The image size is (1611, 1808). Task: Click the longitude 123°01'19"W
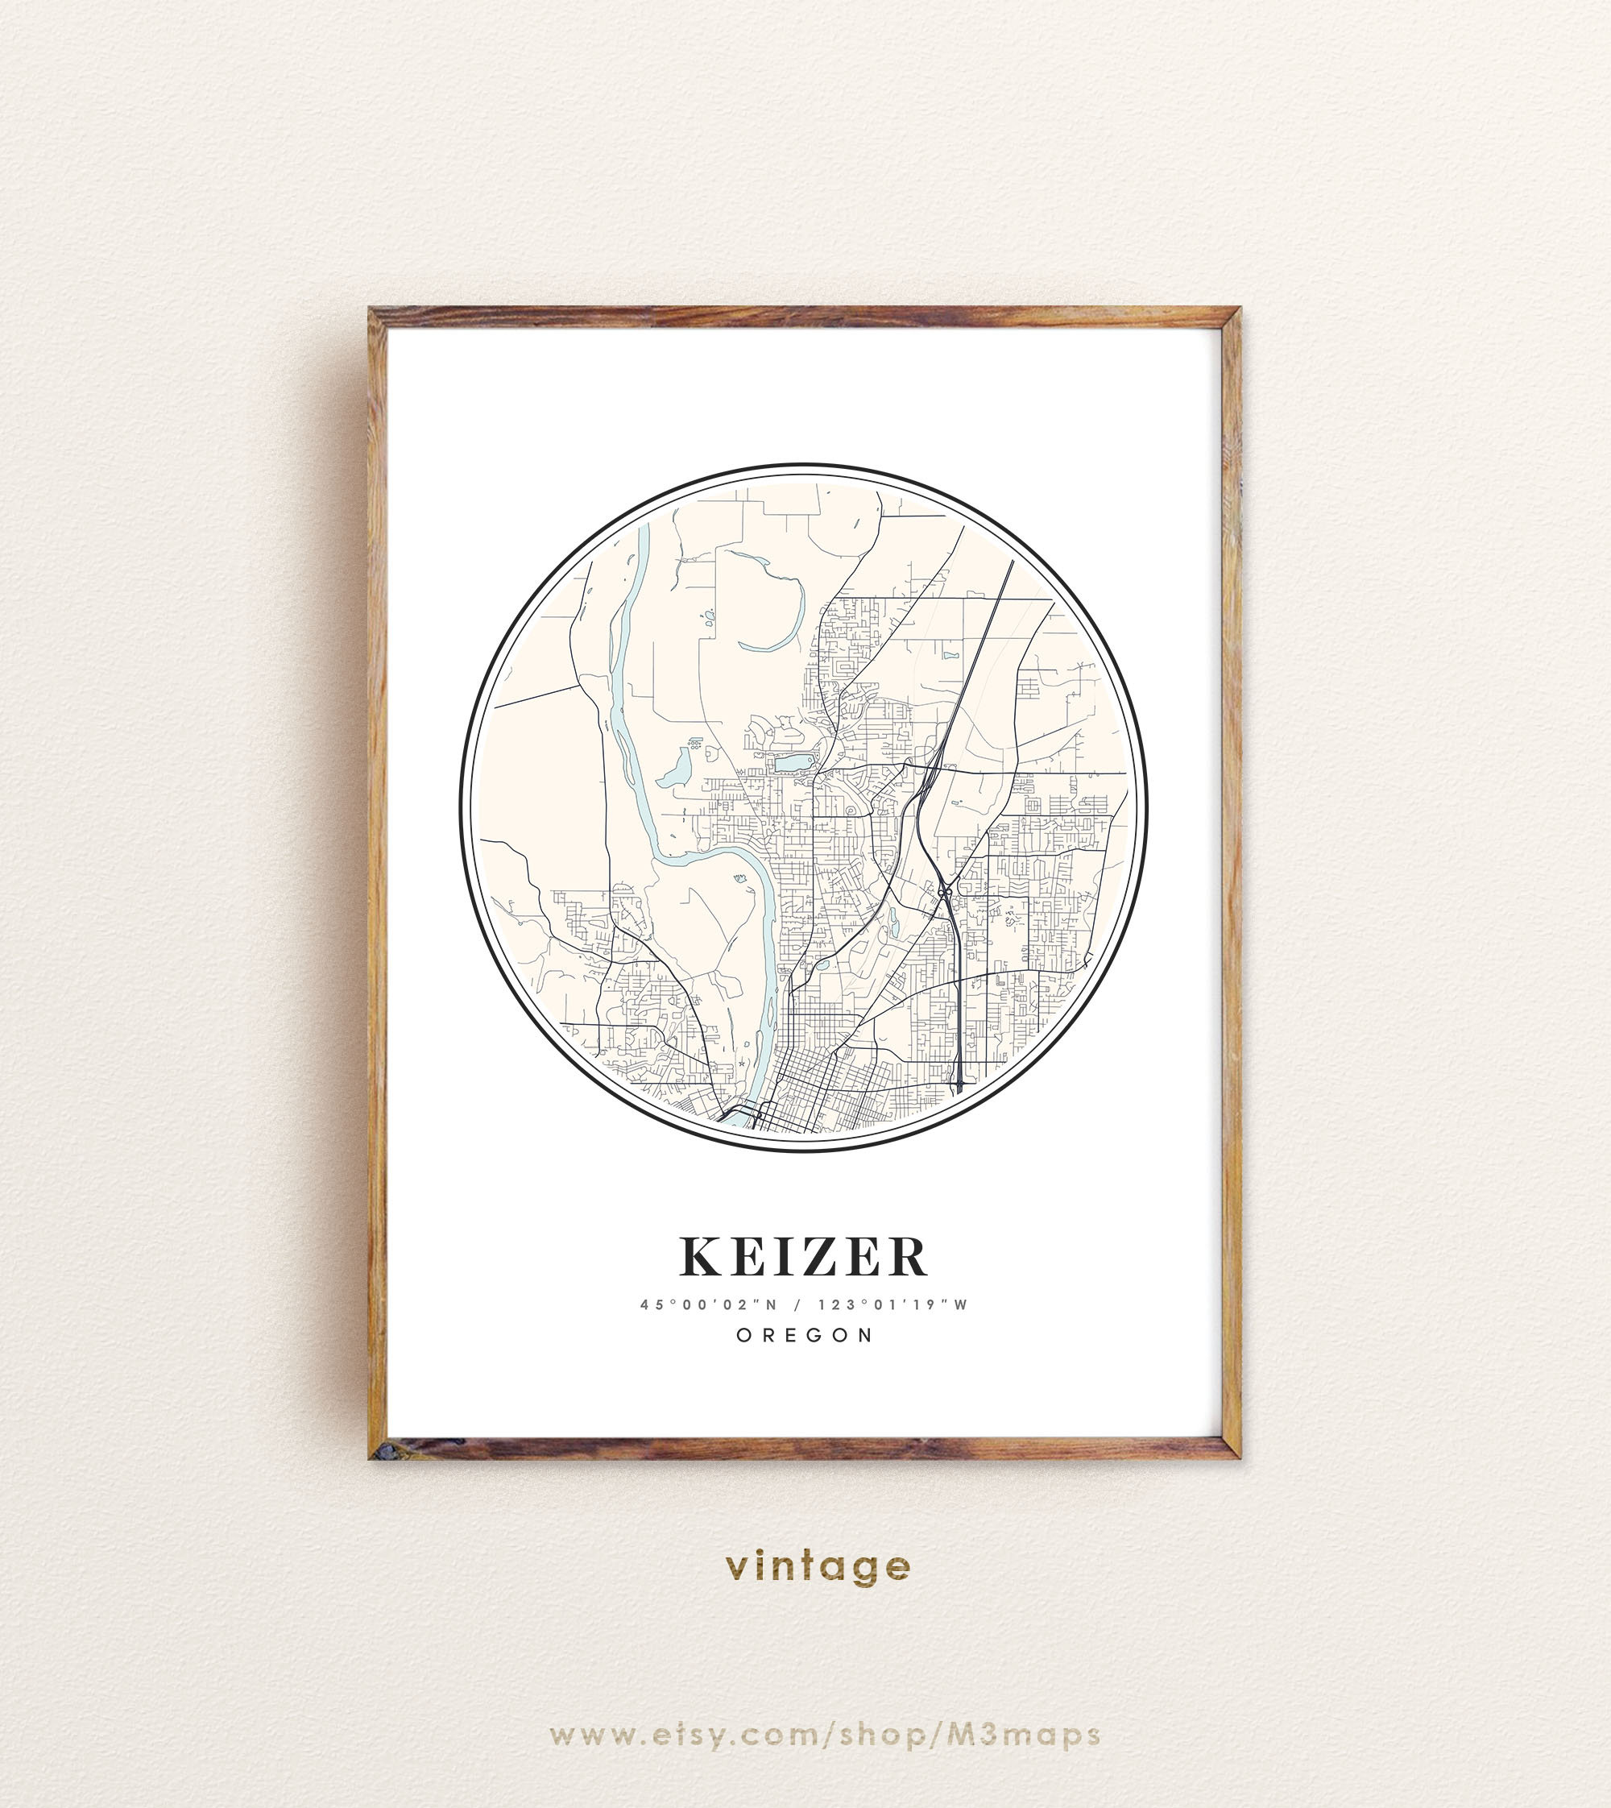893,1305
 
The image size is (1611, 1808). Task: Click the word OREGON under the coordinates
805,1335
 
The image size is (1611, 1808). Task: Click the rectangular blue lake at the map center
793,763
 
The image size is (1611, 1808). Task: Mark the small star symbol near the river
741,1064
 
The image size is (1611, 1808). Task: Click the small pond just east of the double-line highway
950,657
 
